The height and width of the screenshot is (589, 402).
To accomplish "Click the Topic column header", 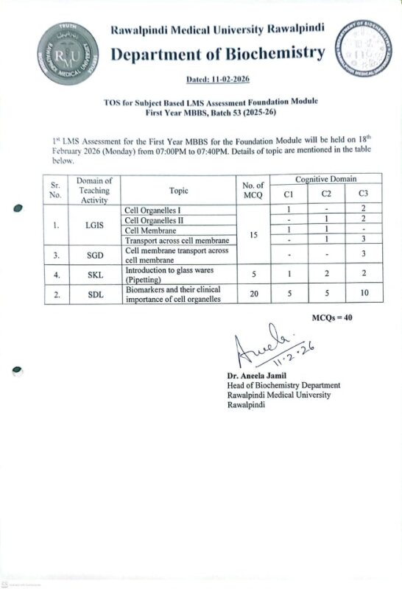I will tap(178, 191).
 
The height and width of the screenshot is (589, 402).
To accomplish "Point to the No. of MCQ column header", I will tap(253, 191).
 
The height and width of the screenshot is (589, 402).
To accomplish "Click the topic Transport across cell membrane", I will tap(178, 241).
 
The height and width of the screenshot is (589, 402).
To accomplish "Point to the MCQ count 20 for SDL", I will tap(253, 294).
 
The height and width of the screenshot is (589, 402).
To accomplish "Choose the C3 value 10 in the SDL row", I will tap(362, 294).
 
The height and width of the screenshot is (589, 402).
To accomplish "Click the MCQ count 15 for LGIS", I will tap(253, 236).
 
